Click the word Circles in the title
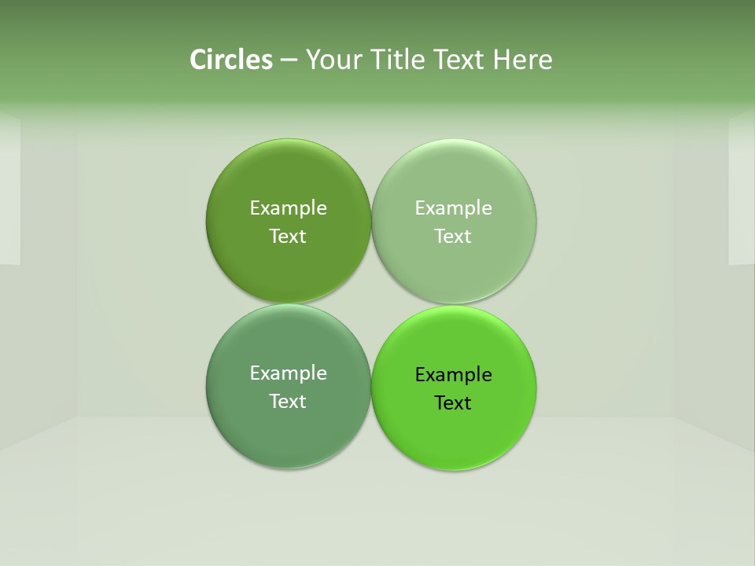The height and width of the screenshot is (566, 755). point(230,60)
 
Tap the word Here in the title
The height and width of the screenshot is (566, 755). point(522,60)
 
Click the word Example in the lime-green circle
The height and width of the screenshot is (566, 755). point(453,375)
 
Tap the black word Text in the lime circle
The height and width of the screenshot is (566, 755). point(453,403)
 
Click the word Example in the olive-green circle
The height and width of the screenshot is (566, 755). point(288,208)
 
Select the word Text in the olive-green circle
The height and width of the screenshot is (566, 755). point(288,237)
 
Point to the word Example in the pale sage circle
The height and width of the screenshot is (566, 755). point(453,208)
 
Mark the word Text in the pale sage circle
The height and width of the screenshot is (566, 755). point(453,237)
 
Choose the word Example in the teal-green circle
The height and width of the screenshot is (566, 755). point(288,373)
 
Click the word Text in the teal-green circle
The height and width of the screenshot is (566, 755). point(288,402)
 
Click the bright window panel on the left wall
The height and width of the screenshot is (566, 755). point(9,189)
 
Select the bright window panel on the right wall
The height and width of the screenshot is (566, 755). point(742,189)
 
